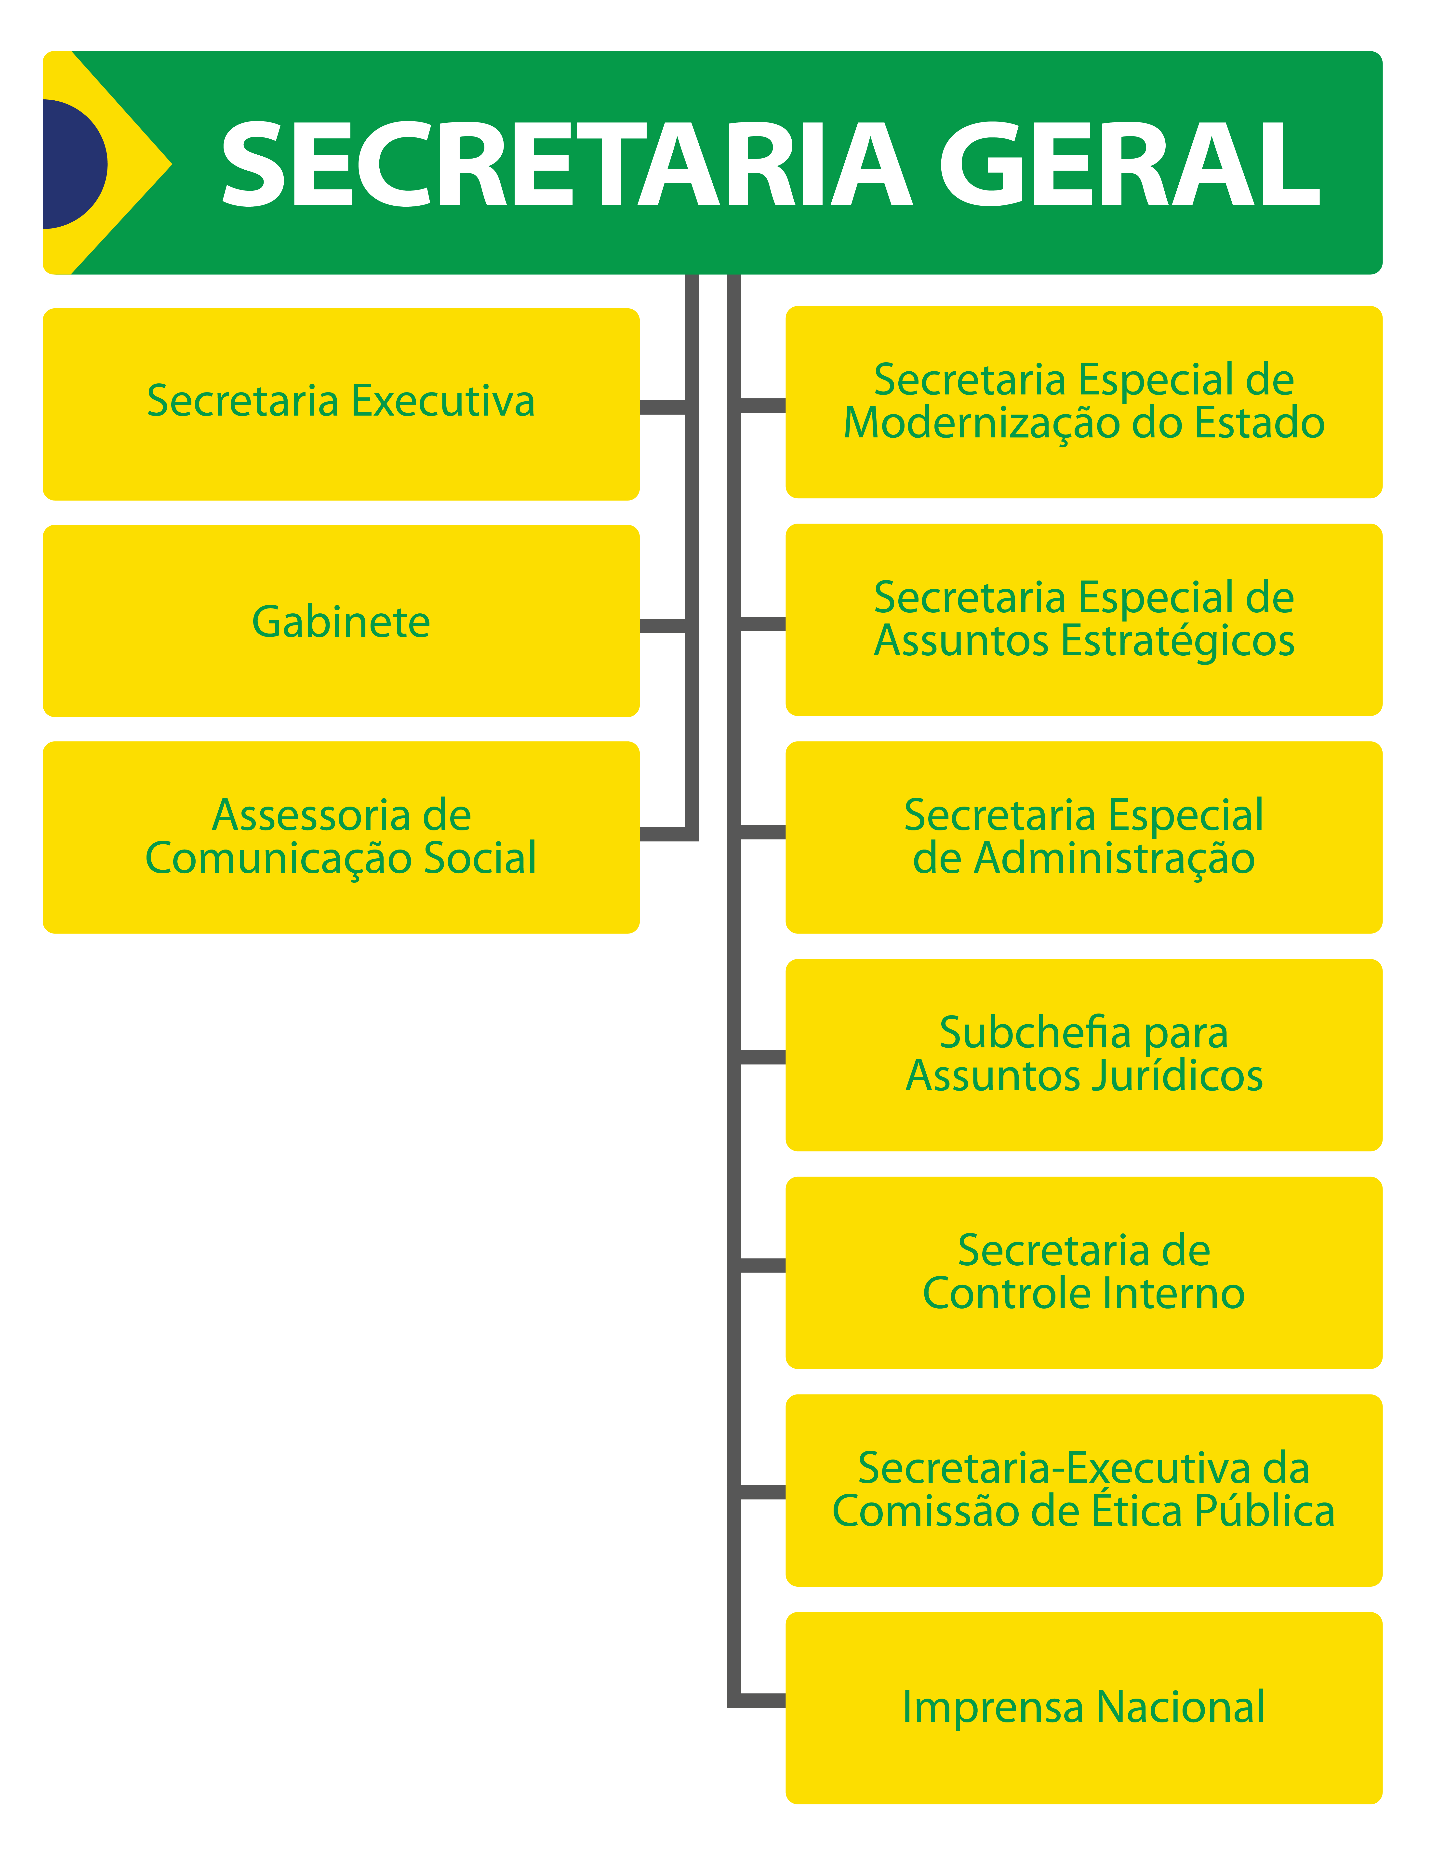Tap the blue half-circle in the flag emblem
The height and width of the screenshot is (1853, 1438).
(72, 164)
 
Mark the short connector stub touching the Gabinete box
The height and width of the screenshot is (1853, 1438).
(662, 626)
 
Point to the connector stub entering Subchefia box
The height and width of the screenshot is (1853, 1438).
(762, 1057)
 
